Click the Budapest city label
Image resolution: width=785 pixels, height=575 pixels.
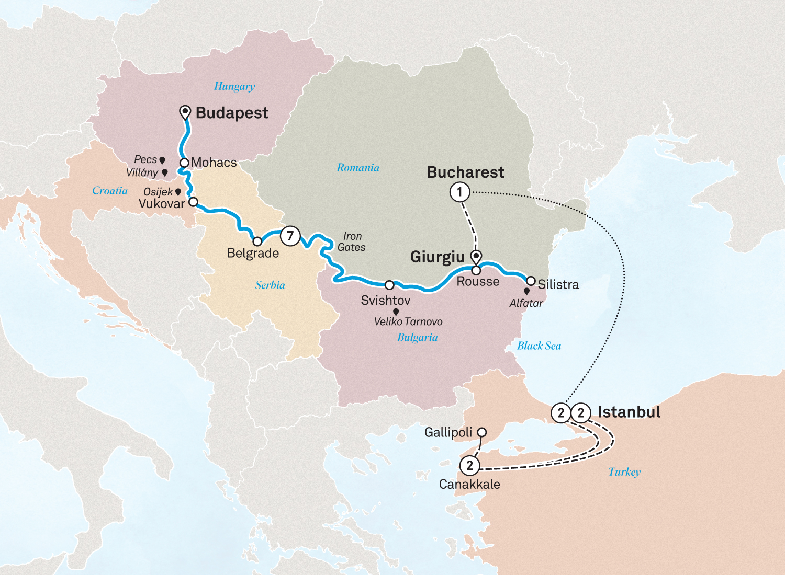pyautogui.click(x=232, y=113)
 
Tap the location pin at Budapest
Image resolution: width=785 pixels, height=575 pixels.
pyautogui.click(x=185, y=112)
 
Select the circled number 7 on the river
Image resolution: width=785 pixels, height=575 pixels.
pyautogui.click(x=290, y=236)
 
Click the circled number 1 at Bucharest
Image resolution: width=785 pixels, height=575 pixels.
pyautogui.click(x=459, y=192)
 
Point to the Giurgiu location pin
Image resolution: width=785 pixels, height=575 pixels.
pyautogui.click(x=476, y=256)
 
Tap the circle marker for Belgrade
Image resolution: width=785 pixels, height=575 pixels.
pyautogui.click(x=257, y=241)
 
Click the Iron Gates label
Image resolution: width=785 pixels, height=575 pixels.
pyautogui.click(x=352, y=242)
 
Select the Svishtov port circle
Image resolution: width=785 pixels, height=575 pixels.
pyautogui.click(x=389, y=285)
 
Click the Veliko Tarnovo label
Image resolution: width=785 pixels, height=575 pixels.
pyautogui.click(x=408, y=322)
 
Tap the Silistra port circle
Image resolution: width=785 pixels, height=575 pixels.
pyautogui.click(x=531, y=281)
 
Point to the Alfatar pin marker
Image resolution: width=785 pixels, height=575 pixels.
pyautogui.click(x=526, y=291)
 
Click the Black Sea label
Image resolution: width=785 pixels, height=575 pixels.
pyautogui.click(x=539, y=346)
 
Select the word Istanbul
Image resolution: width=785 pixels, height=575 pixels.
pyautogui.click(x=629, y=412)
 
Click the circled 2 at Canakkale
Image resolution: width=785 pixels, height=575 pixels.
pyautogui.click(x=469, y=465)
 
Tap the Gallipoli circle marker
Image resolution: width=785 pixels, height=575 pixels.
pyautogui.click(x=482, y=432)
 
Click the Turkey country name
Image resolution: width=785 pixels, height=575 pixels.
pyautogui.click(x=624, y=472)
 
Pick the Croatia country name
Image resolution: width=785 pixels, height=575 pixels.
pyautogui.click(x=110, y=191)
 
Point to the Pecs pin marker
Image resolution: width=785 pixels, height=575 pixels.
pyautogui.click(x=162, y=160)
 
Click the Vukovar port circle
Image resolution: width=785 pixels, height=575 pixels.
pyautogui.click(x=193, y=202)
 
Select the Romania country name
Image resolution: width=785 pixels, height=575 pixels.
pyautogui.click(x=358, y=168)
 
